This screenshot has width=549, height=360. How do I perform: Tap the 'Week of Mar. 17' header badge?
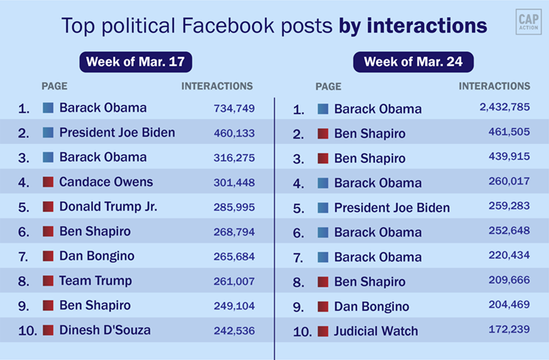140,61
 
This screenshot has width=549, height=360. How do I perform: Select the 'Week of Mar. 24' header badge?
414,61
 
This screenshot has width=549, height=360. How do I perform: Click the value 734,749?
234,108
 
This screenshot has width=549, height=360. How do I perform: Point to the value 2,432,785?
504,108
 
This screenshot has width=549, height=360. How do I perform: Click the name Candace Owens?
106,181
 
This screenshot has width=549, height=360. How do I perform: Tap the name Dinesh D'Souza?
105,330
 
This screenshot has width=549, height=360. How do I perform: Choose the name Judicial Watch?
377,331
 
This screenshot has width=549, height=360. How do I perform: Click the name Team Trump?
96,280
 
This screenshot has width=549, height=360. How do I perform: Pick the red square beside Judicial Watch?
323,331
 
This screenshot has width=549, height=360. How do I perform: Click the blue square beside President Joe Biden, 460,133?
48,132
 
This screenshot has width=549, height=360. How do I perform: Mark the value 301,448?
234,182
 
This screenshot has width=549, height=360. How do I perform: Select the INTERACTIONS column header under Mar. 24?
495,86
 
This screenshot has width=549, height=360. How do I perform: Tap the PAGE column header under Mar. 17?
55,86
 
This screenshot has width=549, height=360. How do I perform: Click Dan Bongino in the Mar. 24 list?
372,307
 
